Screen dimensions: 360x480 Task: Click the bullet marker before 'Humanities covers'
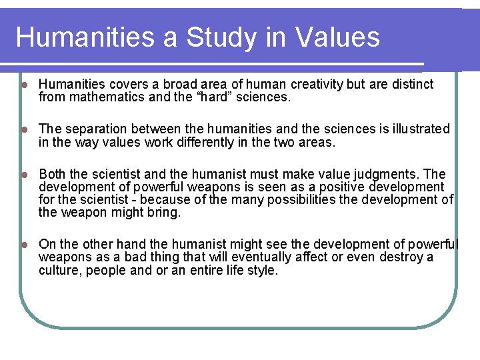coord(24,85)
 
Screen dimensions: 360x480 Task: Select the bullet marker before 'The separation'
coord(24,129)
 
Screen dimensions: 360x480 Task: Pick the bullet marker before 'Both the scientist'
coord(24,174)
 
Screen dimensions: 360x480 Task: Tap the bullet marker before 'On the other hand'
coord(24,245)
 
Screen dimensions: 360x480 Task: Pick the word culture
coord(58,271)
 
